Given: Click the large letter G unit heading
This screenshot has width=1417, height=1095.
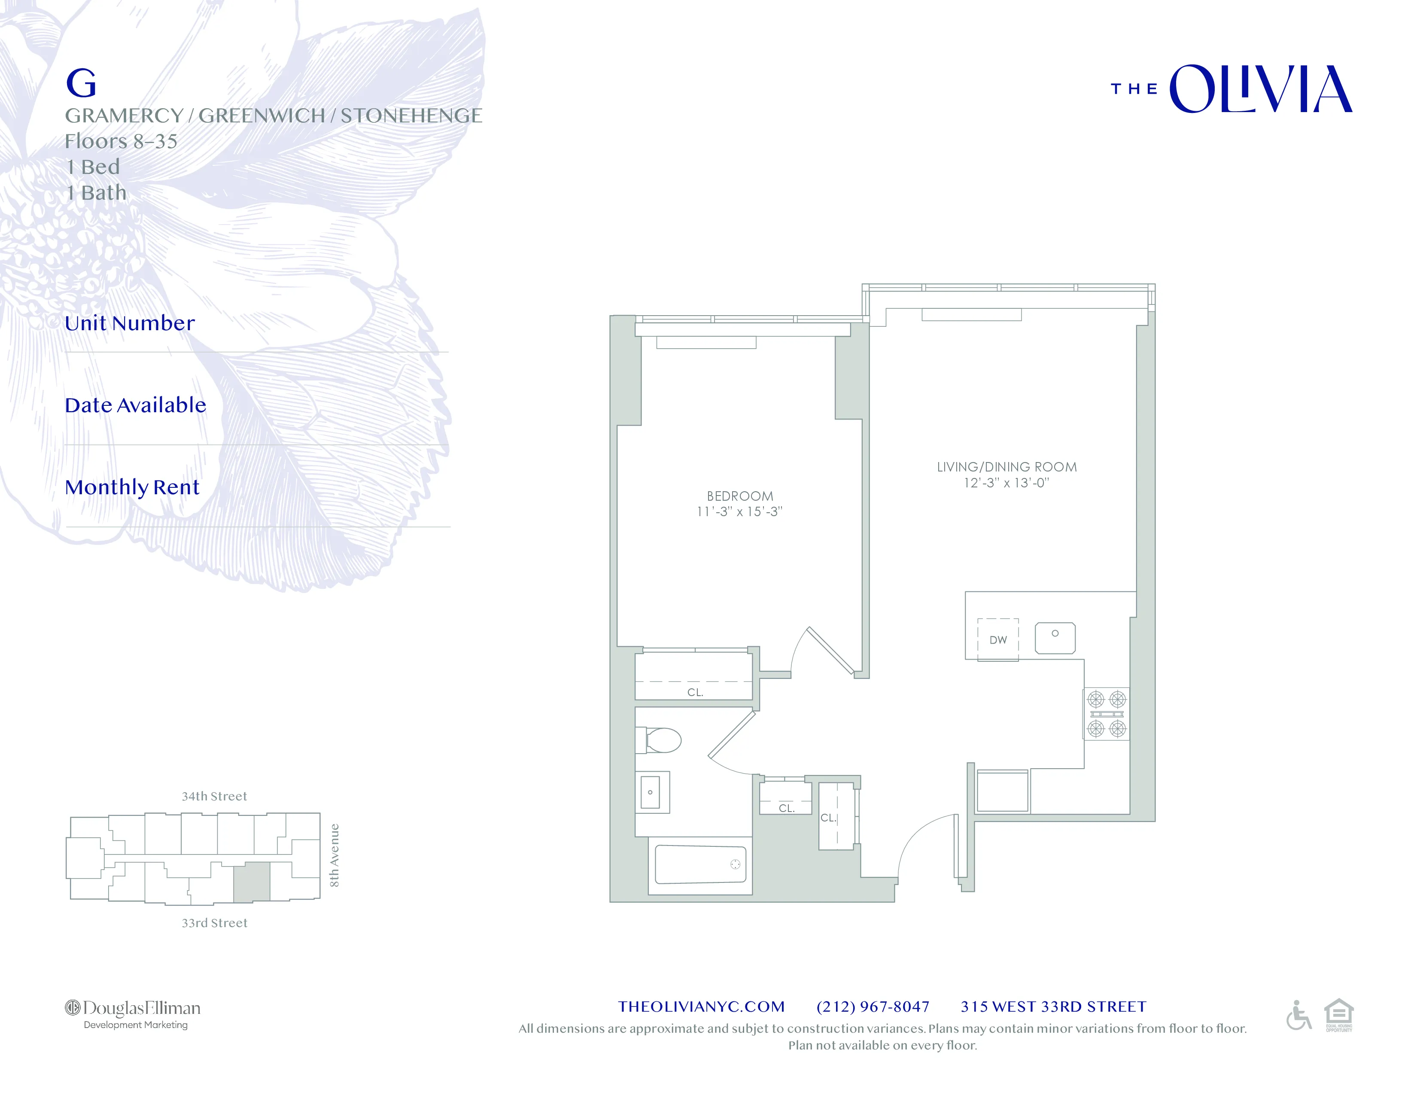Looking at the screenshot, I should coord(81,84).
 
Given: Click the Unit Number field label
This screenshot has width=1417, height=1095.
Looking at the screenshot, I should coord(130,323).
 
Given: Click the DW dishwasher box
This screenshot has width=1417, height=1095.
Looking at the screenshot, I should coord(998,640).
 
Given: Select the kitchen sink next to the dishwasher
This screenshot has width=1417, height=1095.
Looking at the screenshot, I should coord(1055,638).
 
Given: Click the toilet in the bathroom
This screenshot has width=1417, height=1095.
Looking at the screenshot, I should coord(660,739).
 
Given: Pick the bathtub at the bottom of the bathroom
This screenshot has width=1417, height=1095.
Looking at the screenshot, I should coord(700,865).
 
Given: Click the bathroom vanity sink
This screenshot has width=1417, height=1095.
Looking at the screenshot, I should coord(651,792).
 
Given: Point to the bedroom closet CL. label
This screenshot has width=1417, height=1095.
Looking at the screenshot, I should coord(695,692).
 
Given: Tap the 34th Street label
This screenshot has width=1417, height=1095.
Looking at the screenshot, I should coord(214,797).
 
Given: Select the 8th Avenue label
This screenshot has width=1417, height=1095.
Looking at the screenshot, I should coord(334,855).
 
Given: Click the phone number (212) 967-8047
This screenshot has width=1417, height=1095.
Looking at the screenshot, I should coord(873,1007).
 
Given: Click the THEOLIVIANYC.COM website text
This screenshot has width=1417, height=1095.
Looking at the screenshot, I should coord(701,1007).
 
